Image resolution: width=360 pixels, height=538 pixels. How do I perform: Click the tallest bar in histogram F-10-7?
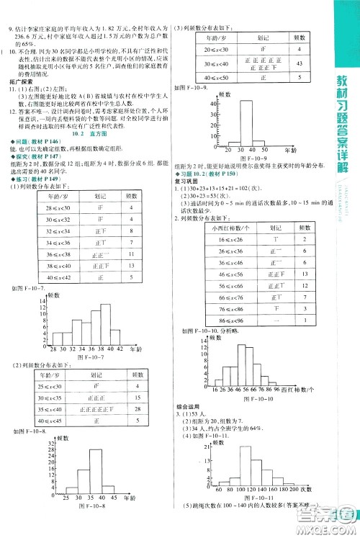tap(105, 318)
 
